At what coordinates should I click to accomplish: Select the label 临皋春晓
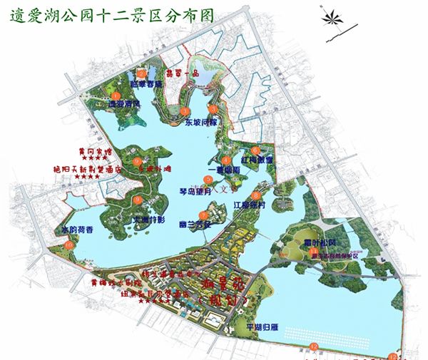(148, 83)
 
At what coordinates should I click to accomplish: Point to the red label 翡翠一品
(181, 73)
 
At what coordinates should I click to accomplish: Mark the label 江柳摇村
(250, 205)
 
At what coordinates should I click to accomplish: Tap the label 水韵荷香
(78, 230)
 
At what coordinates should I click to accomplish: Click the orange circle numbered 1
(185, 110)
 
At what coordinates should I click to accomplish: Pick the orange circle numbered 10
(68, 245)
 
